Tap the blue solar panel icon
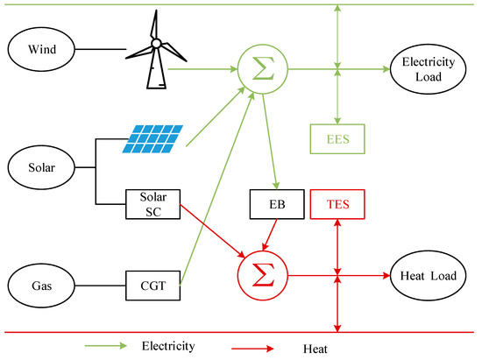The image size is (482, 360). pos(152,139)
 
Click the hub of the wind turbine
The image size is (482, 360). pos(156,43)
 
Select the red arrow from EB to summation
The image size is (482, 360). pos(270,235)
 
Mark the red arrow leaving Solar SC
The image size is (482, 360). pos(212,231)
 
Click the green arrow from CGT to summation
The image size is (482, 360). pos(217,188)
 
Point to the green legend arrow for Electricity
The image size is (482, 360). pos(106,346)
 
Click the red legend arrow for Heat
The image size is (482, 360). pos(252,349)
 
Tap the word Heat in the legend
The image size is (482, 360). pos(315,349)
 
